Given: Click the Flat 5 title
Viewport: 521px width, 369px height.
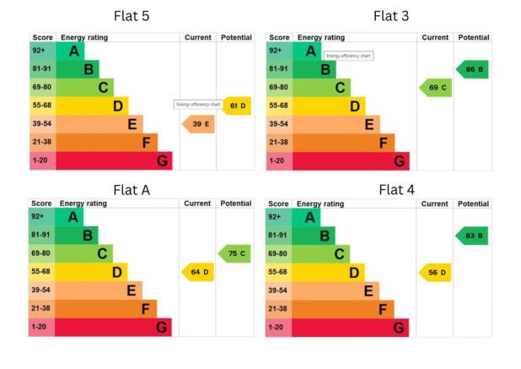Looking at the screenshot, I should click(x=132, y=17).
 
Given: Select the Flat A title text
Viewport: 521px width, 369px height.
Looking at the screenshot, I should click(x=131, y=190).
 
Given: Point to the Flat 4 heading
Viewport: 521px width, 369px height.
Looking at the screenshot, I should click(x=396, y=190).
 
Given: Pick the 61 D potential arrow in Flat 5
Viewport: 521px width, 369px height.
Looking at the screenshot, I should click(x=238, y=106).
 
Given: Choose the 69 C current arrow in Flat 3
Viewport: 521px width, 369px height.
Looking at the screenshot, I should click(x=436, y=88).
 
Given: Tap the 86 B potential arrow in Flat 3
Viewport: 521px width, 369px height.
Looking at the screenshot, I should click(x=473, y=69).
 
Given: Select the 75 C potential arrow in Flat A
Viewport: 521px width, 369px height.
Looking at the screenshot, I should click(x=236, y=253).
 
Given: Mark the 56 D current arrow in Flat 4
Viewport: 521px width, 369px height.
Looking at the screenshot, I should click(x=436, y=272).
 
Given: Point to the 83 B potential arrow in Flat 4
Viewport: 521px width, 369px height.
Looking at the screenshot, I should click(x=473, y=236).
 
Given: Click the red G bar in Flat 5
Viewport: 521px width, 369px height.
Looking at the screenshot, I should click(x=114, y=160).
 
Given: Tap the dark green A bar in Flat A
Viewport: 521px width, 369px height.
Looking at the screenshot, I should click(x=70, y=217).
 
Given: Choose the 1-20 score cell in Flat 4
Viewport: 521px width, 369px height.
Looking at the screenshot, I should click(x=278, y=327).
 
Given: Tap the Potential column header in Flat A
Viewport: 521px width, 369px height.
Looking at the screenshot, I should click(x=236, y=203).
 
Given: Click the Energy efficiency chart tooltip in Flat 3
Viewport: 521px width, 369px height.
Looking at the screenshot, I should click(x=348, y=56).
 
